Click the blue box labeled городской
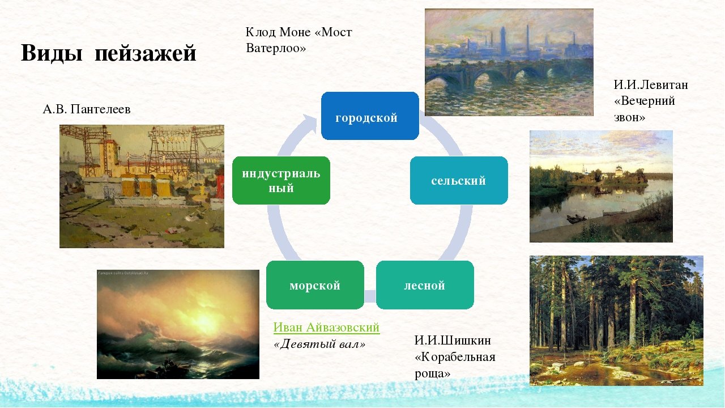tap(370, 116)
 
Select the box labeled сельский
tap(459, 180)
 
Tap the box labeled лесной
tap(425, 285)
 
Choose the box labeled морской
tap(315, 285)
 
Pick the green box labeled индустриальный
tap(282, 180)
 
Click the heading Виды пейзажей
tap(108, 53)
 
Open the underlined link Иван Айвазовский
tap(326, 328)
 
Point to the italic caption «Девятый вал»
tap(319, 344)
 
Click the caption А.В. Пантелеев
tap(87, 109)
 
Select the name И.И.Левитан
tap(651, 85)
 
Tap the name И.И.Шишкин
tap(453, 341)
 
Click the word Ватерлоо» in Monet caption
tap(276, 48)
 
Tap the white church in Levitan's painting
tap(619, 171)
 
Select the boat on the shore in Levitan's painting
tap(577, 219)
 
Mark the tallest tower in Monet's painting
tap(503, 40)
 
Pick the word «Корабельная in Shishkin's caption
tap(455, 357)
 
